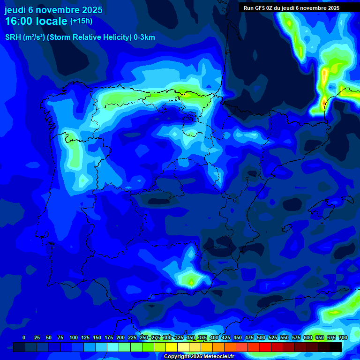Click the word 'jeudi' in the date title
pyautogui.click(x=15, y=10)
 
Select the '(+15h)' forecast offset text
pyautogui.click(x=81, y=21)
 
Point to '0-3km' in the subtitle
pyautogui.click(x=144, y=37)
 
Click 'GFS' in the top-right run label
pyautogui.click(x=259, y=8)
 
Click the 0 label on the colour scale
pyautogui.click(x=24, y=337)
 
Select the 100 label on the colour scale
pyautogui.click(x=74, y=337)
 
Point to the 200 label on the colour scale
pyautogui.click(x=120, y=337)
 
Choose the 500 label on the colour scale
pyautogui.click(x=261, y=337)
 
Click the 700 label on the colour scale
pyautogui.click(x=343, y=337)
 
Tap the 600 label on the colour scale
pyautogui.click(x=308, y=337)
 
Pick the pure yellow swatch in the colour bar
pyautogui.click(x=172, y=347)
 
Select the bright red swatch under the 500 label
pyautogui.click(x=265, y=347)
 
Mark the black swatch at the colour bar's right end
pyautogui.click(x=336, y=347)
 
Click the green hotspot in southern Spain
pyautogui.click(x=191, y=281)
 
